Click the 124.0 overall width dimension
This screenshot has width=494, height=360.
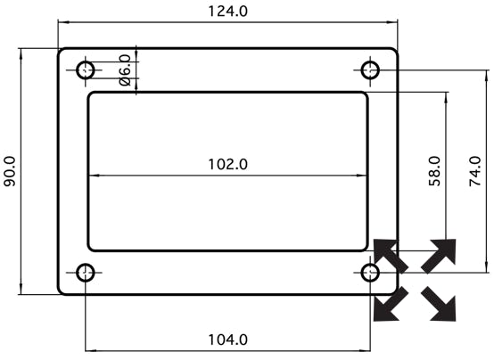pyautogui.click(x=228, y=12)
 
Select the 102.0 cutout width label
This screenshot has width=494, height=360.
pyautogui.click(x=228, y=165)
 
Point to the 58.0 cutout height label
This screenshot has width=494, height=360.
pyautogui.click(x=435, y=171)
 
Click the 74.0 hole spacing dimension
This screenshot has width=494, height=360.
pyautogui.click(x=474, y=171)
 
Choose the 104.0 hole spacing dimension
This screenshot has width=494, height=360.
pyautogui.click(x=228, y=340)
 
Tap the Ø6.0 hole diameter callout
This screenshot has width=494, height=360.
pyautogui.click(x=125, y=70)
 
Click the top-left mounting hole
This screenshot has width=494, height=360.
pyautogui.click(x=86, y=70)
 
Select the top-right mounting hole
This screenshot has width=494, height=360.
pyautogui.click(x=370, y=70)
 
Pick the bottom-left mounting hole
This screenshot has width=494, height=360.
pyautogui.click(x=86, y=273)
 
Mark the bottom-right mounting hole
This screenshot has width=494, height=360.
pyautogui.click(x=370, y=273)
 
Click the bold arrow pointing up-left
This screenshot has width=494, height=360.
pyautogui.click(x=390, y=256)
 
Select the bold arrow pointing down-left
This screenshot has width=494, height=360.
pyautogui.click(x=390, y=305)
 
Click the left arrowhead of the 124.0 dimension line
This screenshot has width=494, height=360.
pyautogui.click(x=62, y=22)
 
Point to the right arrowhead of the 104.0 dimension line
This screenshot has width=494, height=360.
pyautogui.click(x=366, y=350)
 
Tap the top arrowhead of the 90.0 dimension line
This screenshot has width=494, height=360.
pyautogui.click(x=21, y=53)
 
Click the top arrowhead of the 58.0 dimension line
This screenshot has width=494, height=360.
pyautogui.click(x=446, y=98)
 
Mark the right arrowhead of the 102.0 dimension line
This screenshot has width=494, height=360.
pyautogui.click(x=362, y=176)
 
